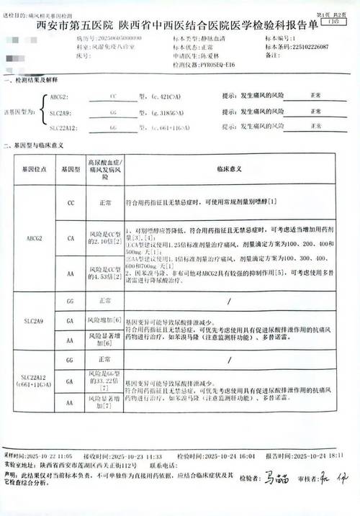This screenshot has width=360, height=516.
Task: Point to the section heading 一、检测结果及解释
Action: click(31, 81)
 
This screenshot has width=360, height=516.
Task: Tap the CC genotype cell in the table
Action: click(70, 204)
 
